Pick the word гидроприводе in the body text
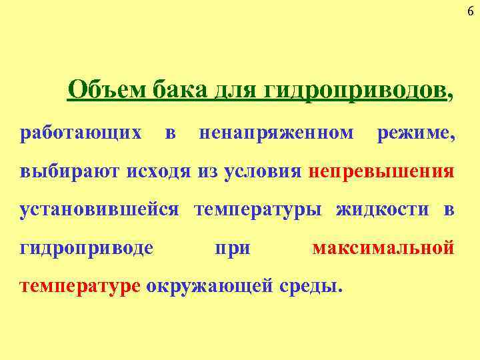tap(87, 248)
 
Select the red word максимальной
tap(383, 248)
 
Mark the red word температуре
tap(80, 286)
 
